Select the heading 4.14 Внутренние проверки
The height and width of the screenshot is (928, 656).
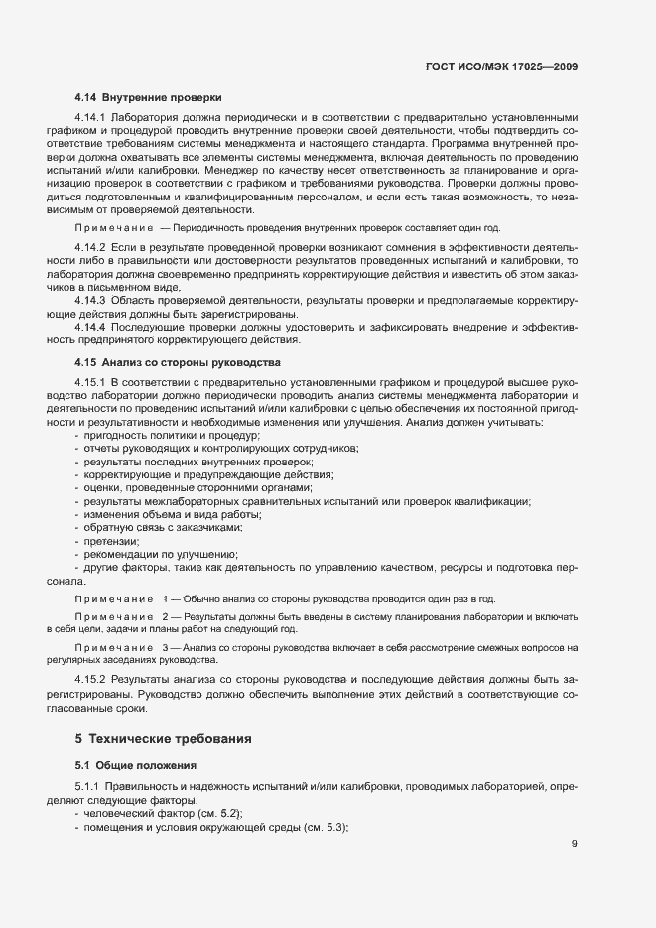148,97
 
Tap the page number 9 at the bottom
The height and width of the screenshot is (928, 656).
575,844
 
